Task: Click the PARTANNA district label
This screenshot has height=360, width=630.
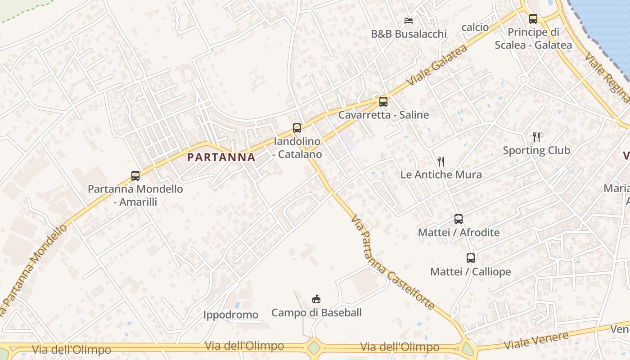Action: [221, 157]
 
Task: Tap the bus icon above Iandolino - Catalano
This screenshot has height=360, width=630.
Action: [297, 128]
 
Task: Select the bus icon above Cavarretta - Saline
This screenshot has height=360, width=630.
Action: [383, 102]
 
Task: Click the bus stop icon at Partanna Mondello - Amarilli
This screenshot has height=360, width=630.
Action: [135, 176]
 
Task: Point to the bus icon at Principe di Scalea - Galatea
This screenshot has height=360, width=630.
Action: [533, 19]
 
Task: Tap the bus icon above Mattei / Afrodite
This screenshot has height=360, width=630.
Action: [459, 219]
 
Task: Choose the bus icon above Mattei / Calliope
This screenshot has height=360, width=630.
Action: [471, 258]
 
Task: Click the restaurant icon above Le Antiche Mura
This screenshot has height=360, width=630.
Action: [441, 161]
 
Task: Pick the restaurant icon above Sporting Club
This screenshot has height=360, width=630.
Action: [536, 137]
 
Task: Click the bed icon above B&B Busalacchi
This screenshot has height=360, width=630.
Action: [409, 21]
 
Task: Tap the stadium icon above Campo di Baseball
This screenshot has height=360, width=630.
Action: [316, 299]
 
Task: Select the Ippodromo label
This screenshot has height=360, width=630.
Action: [231, 315]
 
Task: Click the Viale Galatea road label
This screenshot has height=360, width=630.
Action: [436, 66]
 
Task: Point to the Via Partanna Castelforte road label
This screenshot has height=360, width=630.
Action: [392, 263]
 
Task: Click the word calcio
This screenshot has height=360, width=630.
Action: [475, 27]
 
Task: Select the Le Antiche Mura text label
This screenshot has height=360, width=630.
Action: [441, 175]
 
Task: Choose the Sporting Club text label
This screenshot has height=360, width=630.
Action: [536, 150]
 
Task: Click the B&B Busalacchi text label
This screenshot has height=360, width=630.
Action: [409, 34]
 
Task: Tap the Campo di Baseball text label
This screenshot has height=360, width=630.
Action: [316, 312]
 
